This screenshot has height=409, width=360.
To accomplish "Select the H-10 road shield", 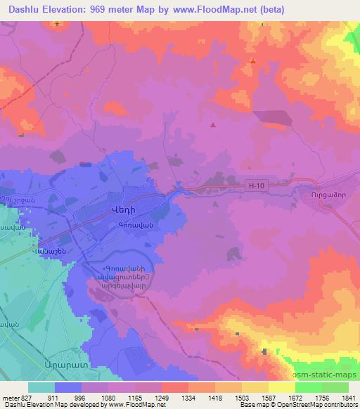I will (257, 186).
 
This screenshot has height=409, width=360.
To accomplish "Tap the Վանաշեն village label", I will (53, 250).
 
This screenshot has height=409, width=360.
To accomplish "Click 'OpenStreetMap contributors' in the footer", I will (319, 405).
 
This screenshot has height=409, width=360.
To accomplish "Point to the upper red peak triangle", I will (252, 62).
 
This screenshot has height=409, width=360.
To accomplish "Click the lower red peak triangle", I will (213, 125).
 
